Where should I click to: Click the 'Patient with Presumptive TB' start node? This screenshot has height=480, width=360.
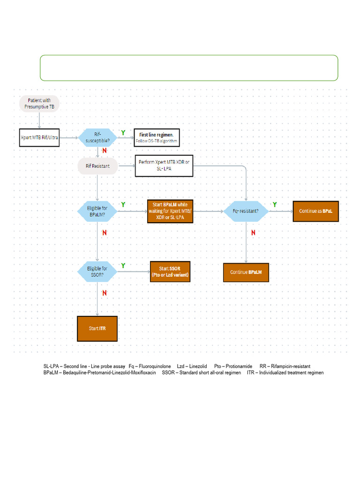pyautogui.click(x=39, y=103)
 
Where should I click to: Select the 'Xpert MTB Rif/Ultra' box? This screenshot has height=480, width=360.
pyautogui.click(x=39, y=137)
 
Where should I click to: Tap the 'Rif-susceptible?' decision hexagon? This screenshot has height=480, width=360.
pyautogui.click(x=97, y=137)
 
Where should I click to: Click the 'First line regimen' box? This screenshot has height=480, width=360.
pyautogui.click(x=157, y=137)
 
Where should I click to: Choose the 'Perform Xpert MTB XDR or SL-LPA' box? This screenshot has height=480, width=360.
pyautogui.click(x=164, y=165)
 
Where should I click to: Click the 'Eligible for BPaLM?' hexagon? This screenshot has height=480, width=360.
pyautogui.click(x=97, y=211)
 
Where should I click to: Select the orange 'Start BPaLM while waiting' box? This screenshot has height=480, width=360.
pyautogui.click(x=170, y=211)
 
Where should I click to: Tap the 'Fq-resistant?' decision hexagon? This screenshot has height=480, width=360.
pyautogui.click(x=247, y=211)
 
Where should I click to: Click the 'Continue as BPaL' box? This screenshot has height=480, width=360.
pyautogui.click(x=315, y=211)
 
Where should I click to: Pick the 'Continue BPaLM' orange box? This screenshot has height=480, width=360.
pyautogui.click(x=246, y=272)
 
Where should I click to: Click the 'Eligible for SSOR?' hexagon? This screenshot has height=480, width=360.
pyautogui.click(x=97, y=272)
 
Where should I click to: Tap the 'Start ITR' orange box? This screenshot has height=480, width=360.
pyautogui.click(x=97, y=329)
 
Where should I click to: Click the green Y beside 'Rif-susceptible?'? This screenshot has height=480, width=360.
pyautogui.click(x=123, y=133)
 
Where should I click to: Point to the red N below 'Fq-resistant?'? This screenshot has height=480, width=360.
pyautogui.click(x=253, y=232)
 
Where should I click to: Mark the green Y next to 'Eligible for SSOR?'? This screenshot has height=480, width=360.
pyautogui.click(x=123, y=266)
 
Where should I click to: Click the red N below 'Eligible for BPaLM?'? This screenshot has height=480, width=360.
pyautogui.click(x=104, y=232)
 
